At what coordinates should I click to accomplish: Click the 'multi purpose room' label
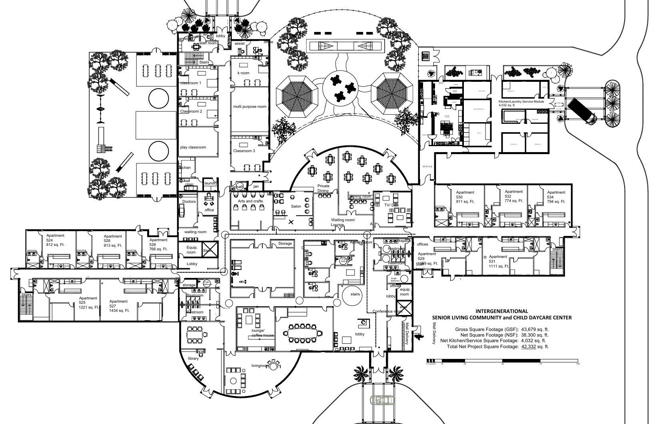click(x=250, y=107)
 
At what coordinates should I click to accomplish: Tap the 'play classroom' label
click(x=193, y=147)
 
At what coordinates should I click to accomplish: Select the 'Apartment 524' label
click(x=55, y=240)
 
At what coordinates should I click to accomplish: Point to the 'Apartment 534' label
click(x=556, y=197)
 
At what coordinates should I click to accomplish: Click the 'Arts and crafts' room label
click(x=250, y=201)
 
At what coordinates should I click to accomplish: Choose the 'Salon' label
click(x=296, y=206)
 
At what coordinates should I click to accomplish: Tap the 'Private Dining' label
click(x=323, y=188)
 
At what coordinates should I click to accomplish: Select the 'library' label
click(x=193, y=359)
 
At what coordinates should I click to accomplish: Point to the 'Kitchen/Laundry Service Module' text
click(x=521, y=101)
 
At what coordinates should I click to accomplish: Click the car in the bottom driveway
click(x=381, y=400)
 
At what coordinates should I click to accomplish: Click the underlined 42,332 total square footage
click(x=529, y=347)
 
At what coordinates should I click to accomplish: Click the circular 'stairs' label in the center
click(x=355, y=294)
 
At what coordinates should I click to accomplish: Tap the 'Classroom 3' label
click(x=244, y=151)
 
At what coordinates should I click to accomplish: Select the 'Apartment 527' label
click(x=119, y=306)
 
